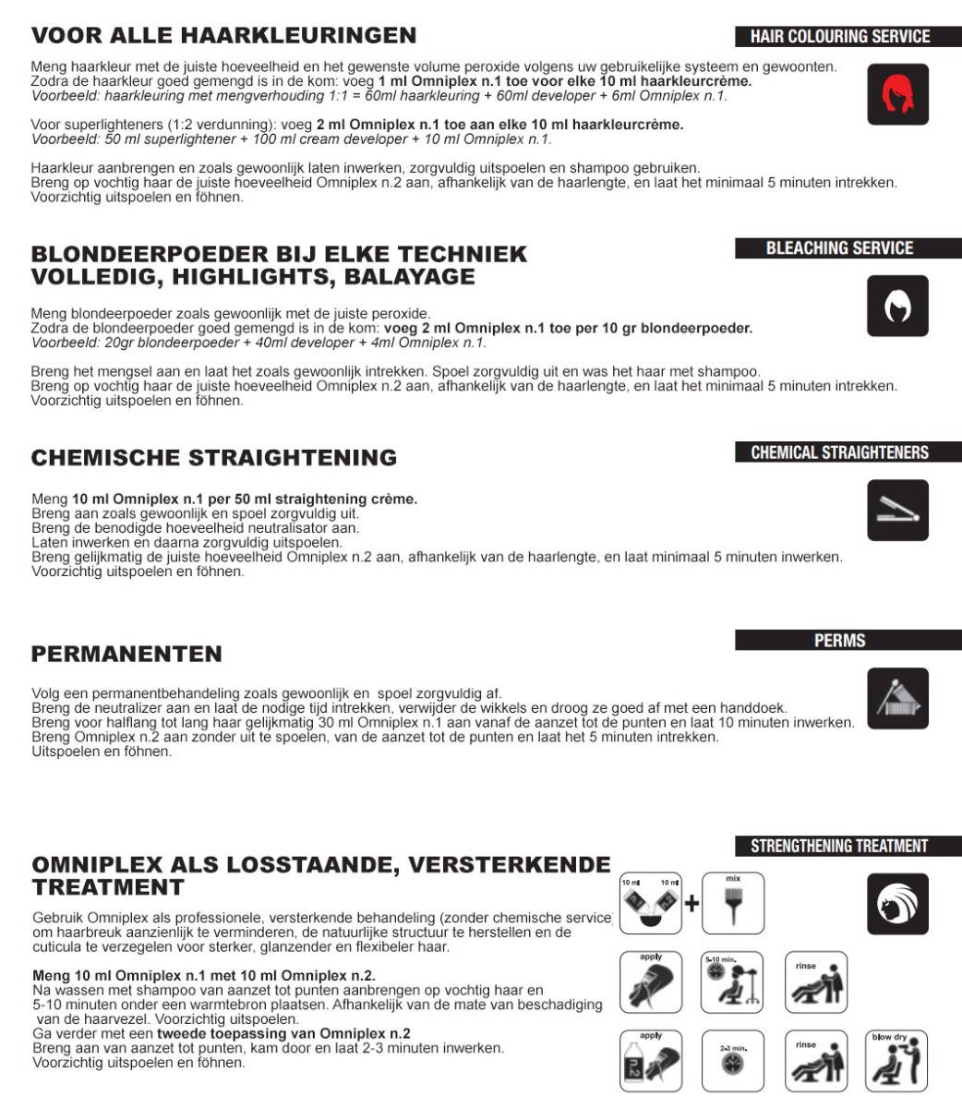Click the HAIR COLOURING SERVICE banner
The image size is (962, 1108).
(x=840, y=37)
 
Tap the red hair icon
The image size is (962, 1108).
(x=897, y=94)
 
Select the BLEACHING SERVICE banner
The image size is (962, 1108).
(x=840, y=248)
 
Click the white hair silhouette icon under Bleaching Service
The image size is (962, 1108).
(x=897, y=307)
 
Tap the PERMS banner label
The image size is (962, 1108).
(x=840, y=641)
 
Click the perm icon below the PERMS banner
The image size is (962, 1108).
(x=897, y=698)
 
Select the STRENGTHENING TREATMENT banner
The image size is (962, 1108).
(x=840, y=846)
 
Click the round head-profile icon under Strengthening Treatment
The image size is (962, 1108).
(x=897, y=905)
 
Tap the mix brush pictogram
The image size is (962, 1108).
(x=733, y=902)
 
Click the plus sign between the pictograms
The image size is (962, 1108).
(x=691, y=903)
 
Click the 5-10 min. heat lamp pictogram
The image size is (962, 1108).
(x=733, y=982)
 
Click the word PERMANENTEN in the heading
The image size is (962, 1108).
(x=126, y=655)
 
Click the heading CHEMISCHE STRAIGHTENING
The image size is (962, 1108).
(x=214, y=458)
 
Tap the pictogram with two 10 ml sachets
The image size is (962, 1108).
(x=651, y=902)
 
